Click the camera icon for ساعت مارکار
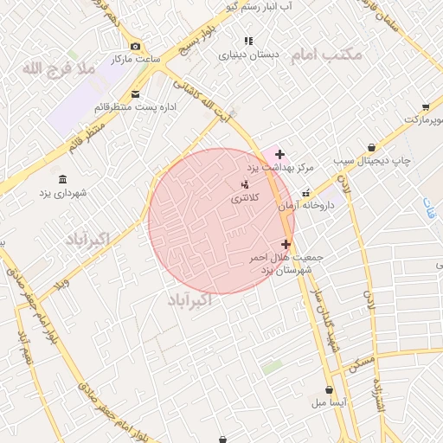pos(134,47)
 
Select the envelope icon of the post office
pos(134,94)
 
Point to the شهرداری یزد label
pos(61,191)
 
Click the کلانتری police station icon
pos(245,183)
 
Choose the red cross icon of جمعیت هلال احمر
pos(286,245)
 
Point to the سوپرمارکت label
pos(427,118)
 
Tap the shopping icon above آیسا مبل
pos(330,390)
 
